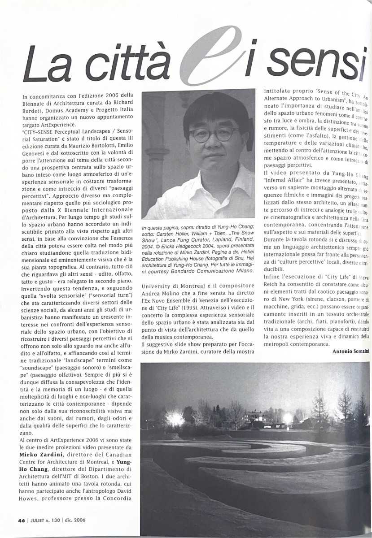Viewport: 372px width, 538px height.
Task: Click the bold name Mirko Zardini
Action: (40, 454)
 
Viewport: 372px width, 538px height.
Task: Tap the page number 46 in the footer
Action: (21, 521)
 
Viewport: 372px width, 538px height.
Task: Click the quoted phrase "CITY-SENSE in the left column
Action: (40, 132)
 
